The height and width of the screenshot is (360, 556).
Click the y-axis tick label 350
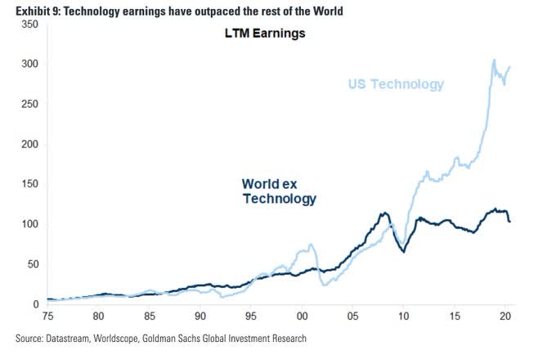[x=29, y=25]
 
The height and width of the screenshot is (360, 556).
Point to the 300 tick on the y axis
[x=29, y=65]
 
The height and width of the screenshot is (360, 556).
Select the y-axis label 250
[x=29, y=105]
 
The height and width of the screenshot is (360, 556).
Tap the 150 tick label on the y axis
[x=29, y=185]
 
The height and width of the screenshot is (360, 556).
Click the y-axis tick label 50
[x=32, y=265]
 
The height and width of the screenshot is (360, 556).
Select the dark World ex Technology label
[x=279, y=191]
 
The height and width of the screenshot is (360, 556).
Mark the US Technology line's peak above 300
[x=494, y=60]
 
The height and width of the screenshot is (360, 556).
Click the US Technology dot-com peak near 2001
[x=311, y=245]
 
